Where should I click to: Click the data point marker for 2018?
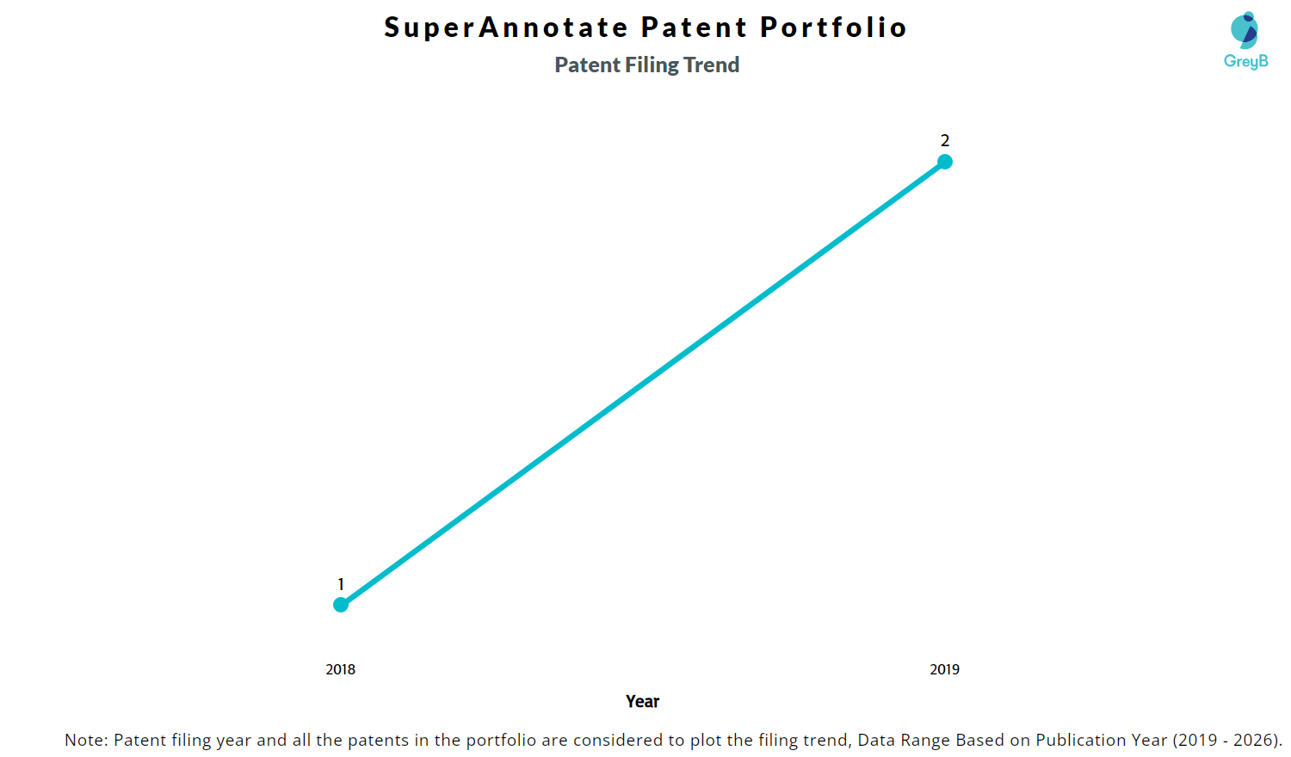click(341, 605)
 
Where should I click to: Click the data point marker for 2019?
click(945, 162)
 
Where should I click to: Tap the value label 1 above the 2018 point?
click(341, 584)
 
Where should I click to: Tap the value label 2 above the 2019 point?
click(945, 140)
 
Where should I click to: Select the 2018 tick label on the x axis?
click(341, 669)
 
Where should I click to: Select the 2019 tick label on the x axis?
click(945, 669)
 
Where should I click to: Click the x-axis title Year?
click(643, 701)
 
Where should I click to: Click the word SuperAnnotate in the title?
click(506, 28)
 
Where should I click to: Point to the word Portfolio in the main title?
click(833, 28)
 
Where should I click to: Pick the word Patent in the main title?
click(695, 28)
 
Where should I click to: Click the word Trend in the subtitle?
click(712, 65)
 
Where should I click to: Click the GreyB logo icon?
click(1245, 30)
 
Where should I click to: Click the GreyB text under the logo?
click(1245, 61)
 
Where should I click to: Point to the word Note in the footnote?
click(83, 740)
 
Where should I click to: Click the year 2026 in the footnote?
click(1254, 740)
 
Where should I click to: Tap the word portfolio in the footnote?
click(501, 740)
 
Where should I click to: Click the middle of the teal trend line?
click(643, 384)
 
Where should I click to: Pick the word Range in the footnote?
click(924, 740)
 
